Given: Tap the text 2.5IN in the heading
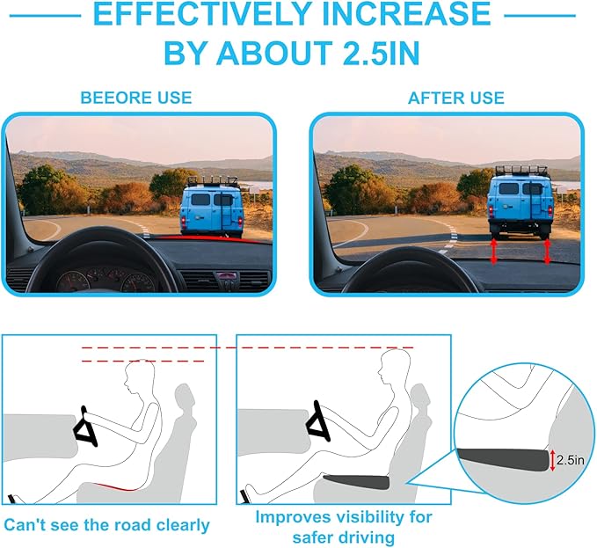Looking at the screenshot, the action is (381, 53).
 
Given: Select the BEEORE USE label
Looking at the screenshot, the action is (136, 98).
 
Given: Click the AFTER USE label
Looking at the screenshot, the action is (456, 98).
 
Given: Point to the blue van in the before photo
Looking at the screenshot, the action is (212, 210).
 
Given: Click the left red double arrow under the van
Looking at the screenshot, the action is (494, 251).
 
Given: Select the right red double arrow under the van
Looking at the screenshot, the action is (547, 251).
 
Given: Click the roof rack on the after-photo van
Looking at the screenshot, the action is (521, 171).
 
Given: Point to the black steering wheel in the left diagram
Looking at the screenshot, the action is (85, 427).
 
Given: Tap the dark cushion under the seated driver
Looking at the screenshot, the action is (356, 482).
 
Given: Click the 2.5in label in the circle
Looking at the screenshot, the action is (570, 460).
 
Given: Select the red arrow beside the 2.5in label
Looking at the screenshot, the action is (552, 460).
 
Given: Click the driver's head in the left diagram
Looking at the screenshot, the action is (139, 377).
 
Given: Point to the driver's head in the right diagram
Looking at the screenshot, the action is (395, 366).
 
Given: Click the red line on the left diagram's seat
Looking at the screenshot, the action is (117, 487).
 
